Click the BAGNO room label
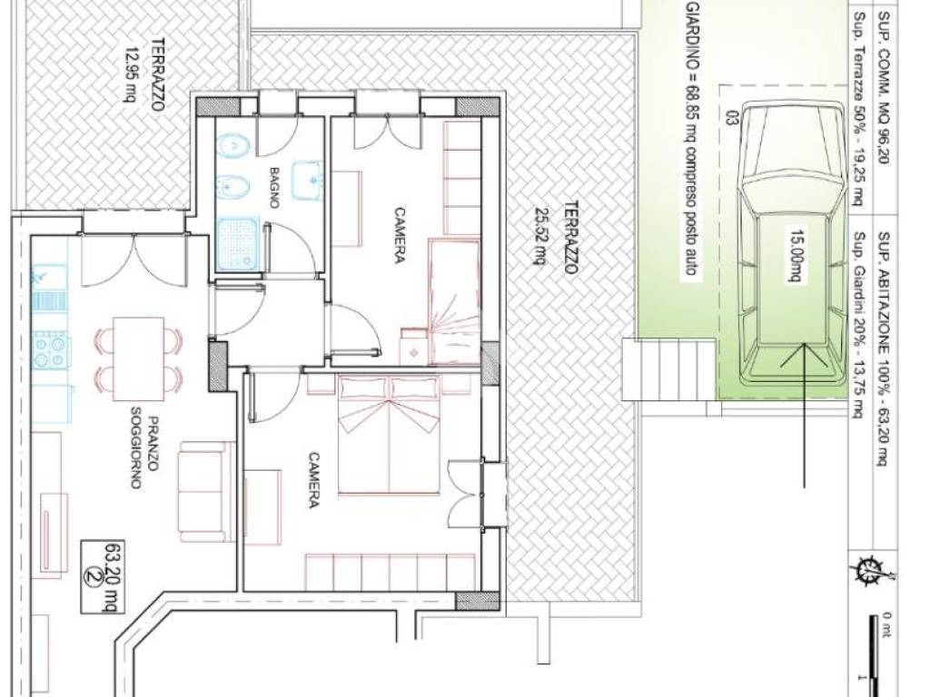click(x=274, y=187)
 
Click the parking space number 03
click(x=731, y=117)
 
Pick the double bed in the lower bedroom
click(x=389, y=435)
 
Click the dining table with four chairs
click(x=139, y=358)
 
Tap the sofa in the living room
click(x=202, y=491)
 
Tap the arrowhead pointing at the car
click(x=804, y=355)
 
